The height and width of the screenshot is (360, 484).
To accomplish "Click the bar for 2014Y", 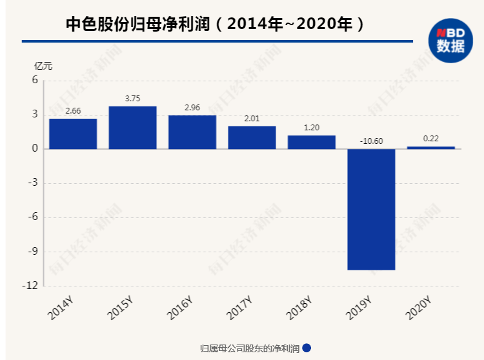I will pos(73,134).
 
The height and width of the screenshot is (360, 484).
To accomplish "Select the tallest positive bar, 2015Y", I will pos(132,128).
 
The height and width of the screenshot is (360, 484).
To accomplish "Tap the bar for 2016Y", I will pos(192,132).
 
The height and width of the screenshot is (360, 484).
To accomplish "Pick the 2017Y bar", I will pos(252,137).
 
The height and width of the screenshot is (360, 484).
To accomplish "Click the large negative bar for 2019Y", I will pos(371,209).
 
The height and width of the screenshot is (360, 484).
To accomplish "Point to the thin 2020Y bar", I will pos(430,148).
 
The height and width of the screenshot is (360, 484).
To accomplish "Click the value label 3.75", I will pos(132,99).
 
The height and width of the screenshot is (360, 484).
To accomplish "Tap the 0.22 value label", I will pos(430,139).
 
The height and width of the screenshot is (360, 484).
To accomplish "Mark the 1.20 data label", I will pos(312,128).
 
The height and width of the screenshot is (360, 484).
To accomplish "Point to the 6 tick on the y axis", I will pos(35,81).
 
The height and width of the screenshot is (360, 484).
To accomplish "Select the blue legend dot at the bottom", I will pos(307,348).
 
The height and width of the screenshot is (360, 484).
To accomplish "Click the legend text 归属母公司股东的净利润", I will pos(250,348).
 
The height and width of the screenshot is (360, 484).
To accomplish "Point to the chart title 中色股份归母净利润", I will pos(139,25).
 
